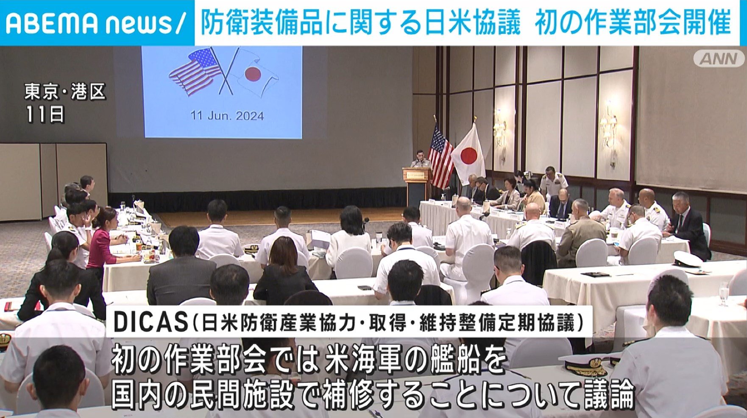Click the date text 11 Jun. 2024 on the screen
[227, 116]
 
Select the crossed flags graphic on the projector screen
[223, 72]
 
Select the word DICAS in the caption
[151, 322]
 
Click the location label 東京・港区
[64, 92]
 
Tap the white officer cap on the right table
[687, 259]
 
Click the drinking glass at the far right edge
[723, 293]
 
